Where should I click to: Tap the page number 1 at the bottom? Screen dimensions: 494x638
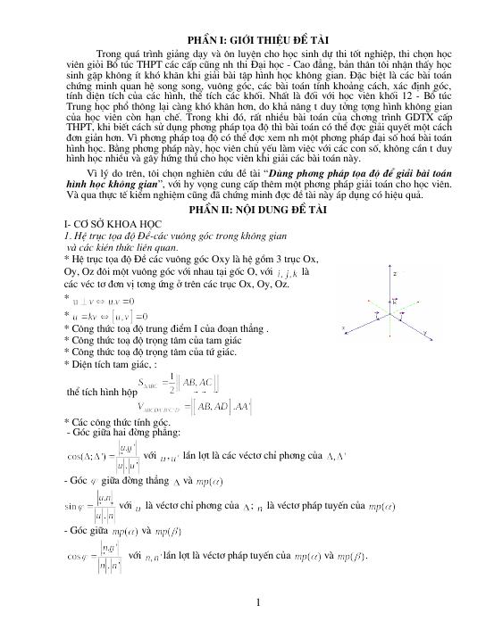point(257,603)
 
